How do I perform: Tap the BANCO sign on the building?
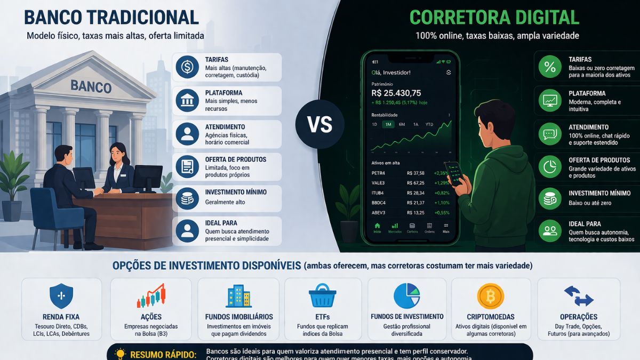point(91,86)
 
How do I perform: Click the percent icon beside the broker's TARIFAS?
point(549,67)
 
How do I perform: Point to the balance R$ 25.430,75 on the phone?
point(396,93)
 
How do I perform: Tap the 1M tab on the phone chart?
point(388,124)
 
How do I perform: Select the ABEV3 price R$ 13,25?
point(415,212)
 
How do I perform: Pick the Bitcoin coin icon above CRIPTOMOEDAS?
point(490,296)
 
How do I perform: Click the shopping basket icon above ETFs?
point(323,296)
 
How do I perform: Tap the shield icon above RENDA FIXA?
point(61,296)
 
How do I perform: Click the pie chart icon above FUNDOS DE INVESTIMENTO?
point(407,296)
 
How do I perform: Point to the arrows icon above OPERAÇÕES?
point(579,296)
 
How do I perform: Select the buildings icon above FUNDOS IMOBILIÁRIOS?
point(238,296)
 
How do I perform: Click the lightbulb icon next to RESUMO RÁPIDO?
point(120,354)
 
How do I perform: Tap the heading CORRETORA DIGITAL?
point(494,17)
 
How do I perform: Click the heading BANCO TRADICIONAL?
point(111,17)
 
